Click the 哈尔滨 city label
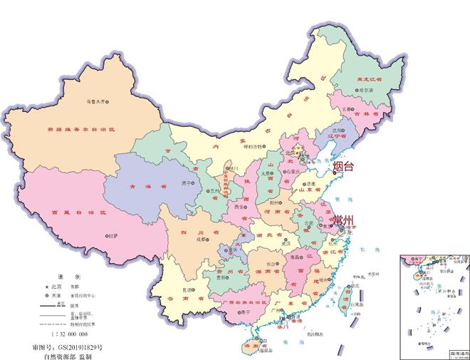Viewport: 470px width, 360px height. tap(366, 92)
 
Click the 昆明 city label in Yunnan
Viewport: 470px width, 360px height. tap(187, 289)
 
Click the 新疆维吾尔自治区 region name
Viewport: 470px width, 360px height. tap(81, 130)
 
